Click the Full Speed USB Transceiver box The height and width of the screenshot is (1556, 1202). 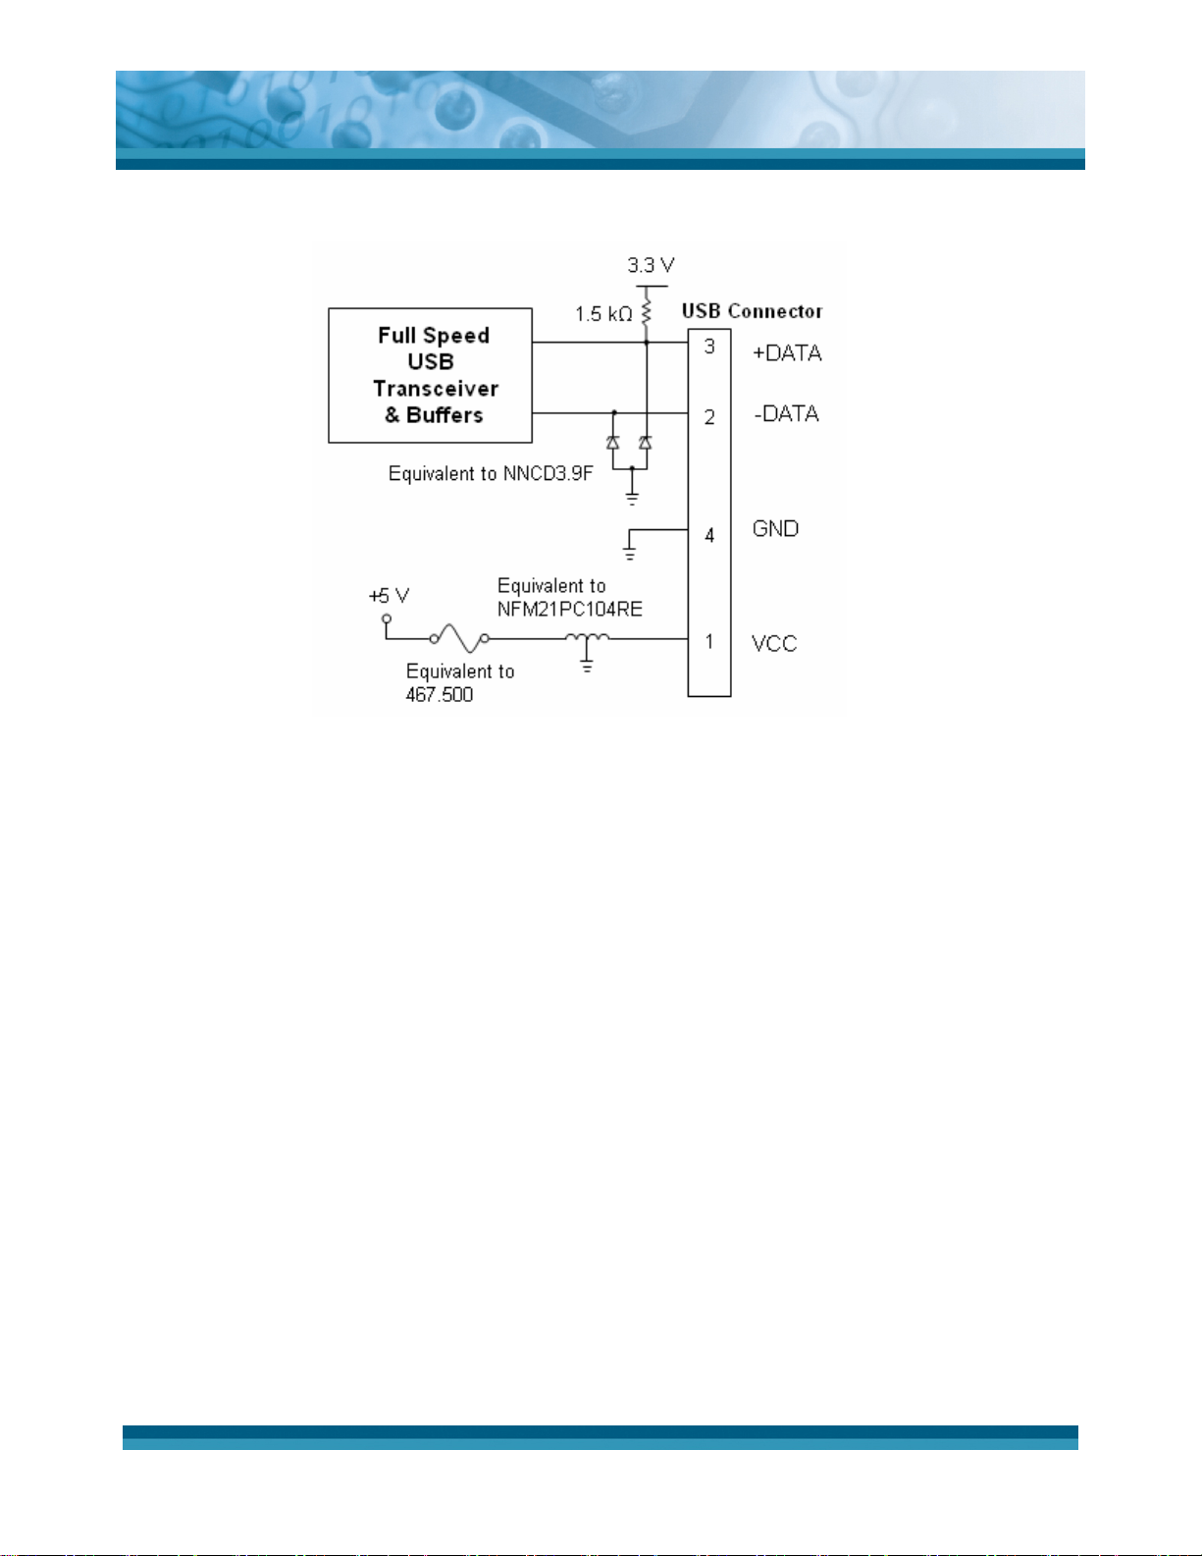tap(430, 375)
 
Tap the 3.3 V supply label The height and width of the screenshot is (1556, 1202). tap(651, 265)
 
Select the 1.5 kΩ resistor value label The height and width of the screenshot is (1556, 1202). tap(603, 314)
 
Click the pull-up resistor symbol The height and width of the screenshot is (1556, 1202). tap(646, 313)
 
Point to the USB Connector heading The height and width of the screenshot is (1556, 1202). tap(752, 311)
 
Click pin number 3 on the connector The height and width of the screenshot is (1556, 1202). tap(709, 347)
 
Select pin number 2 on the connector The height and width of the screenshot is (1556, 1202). tap(709, 417)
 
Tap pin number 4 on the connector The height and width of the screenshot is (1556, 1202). tap(709, 535)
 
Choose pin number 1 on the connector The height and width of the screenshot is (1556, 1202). tap(709, 641)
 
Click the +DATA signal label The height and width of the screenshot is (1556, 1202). tap(787, 353)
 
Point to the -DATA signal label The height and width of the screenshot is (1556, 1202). tap(786, 413)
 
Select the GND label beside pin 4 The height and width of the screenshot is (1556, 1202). tap(775, 529)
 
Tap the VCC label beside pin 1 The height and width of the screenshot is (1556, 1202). tap(774, 644)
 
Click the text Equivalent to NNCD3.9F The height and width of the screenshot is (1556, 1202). tap(491, 474)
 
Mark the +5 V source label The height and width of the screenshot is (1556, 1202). tap(389, 596)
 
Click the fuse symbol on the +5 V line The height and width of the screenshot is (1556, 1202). tap(459, 638)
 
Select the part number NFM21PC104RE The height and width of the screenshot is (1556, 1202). tap(569, 609)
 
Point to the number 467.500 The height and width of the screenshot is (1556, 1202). tap(439, 695)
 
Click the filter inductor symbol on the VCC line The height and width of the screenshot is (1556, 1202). tap(587, 639)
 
